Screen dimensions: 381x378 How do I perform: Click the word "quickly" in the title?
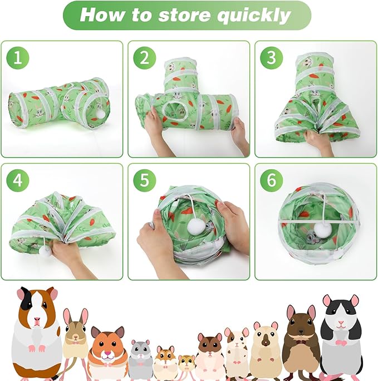click(254, 15)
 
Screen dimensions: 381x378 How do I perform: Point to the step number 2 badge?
click(144, 58)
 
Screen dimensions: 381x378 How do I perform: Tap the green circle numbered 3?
click(272, 58)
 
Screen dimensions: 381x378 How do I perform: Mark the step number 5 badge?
click(144, 180)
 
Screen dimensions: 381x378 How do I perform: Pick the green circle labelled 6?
click(272, 180)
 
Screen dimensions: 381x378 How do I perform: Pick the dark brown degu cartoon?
click(301, 337)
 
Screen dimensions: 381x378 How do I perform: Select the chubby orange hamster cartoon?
click(107, 348)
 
